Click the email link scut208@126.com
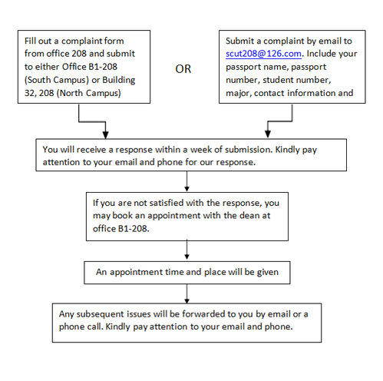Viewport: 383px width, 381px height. pyautogui.click(x=263, y=54)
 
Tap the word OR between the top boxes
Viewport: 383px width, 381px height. pyautogui.click(x=183, y=69)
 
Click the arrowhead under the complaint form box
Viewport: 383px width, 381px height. pyautogui.click(x=105, y=134)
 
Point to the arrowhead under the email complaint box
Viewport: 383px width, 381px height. pyautogui.click(x=268, y=134)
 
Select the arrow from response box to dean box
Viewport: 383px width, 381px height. pyautogui.click(x=187, y=181)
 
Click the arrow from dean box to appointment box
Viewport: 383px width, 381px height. pyautogui.click(x=187, y=250)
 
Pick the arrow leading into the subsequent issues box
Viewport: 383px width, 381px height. pyautogui.click(x=187, y=293)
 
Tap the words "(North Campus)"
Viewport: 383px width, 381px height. pyautogui.click(x=88, y=93)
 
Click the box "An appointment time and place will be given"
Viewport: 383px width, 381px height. pyautogui.click(x=187, y=273)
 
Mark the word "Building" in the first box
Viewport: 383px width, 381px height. pyautogui.click(x=119, y=80)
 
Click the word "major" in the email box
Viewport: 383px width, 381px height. pyautogui.click(x=238, y=93)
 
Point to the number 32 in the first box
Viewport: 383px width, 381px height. pyautogui.click(x=30, y=93)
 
